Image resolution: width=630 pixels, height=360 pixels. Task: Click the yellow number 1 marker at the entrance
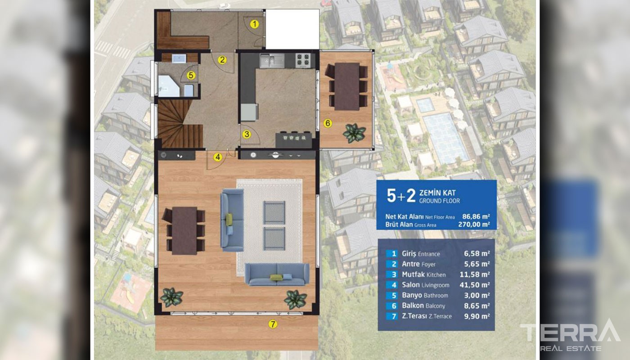(x=254, y=24)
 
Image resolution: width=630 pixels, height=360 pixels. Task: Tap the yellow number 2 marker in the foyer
(x=222, y=59)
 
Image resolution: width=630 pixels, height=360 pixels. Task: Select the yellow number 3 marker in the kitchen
(x=247, y=134)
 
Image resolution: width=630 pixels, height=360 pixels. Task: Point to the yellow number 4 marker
(x=217, y=157)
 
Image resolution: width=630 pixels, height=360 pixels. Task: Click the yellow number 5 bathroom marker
(x=191, y=75)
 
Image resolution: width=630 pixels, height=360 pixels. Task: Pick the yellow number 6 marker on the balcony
(x=328, y=123)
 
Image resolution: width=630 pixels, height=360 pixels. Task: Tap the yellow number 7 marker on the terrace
(x=273, y=324)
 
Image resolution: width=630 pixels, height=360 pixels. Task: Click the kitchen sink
(x=271, y=61)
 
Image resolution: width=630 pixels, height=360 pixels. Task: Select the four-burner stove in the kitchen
(x=302, y=60)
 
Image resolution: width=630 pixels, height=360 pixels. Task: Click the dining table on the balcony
(x=347, y=86)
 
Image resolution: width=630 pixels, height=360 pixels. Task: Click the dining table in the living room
(x=184, y=230)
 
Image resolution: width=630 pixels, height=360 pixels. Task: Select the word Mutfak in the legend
(x=413, y=274)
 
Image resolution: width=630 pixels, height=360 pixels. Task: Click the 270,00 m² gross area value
(x=474, y=225)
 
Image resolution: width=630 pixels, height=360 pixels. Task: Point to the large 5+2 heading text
(x=401, y=196)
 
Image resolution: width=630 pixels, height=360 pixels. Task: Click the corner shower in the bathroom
(x=168, y=86)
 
